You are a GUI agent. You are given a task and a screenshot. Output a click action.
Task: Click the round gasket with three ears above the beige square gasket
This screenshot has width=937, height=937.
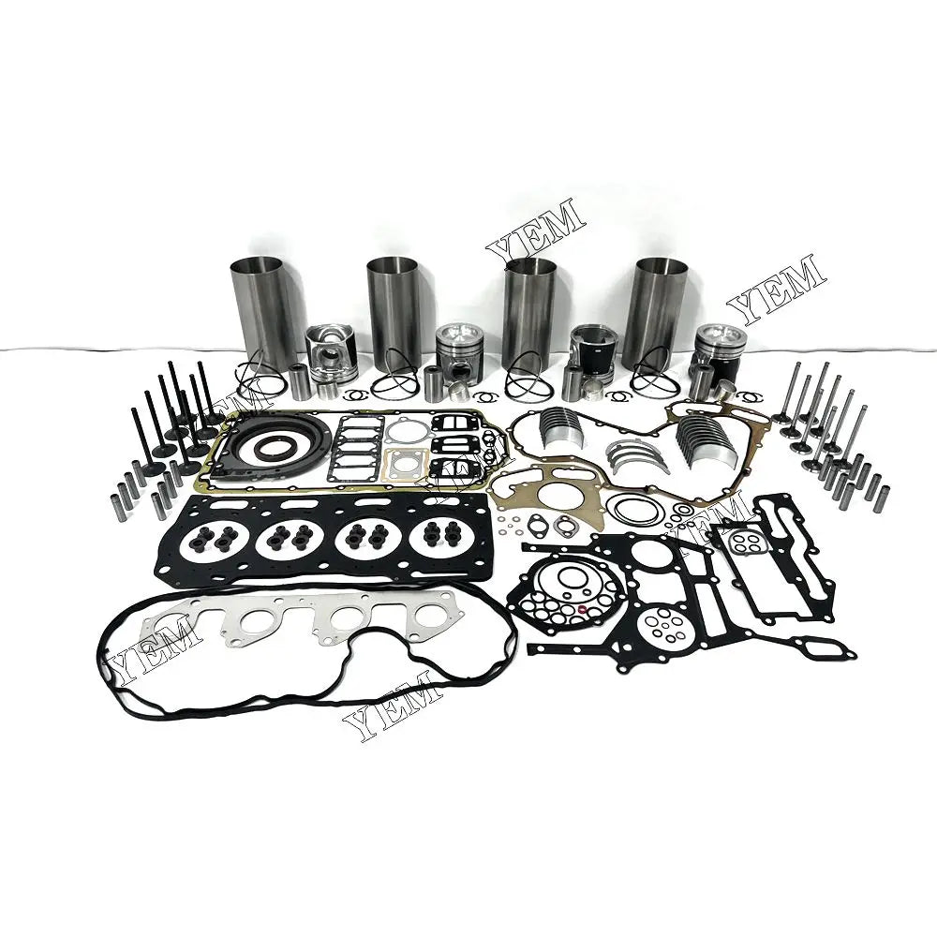[405, 430]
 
